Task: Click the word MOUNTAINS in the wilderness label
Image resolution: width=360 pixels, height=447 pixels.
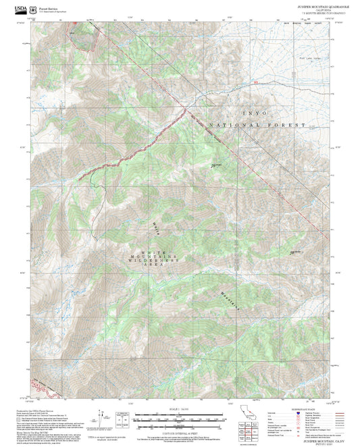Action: [161, 258]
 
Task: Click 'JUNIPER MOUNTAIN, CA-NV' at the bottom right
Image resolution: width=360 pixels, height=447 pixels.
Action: [315, 440]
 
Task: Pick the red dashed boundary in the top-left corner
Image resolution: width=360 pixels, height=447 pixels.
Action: [85, 41]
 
